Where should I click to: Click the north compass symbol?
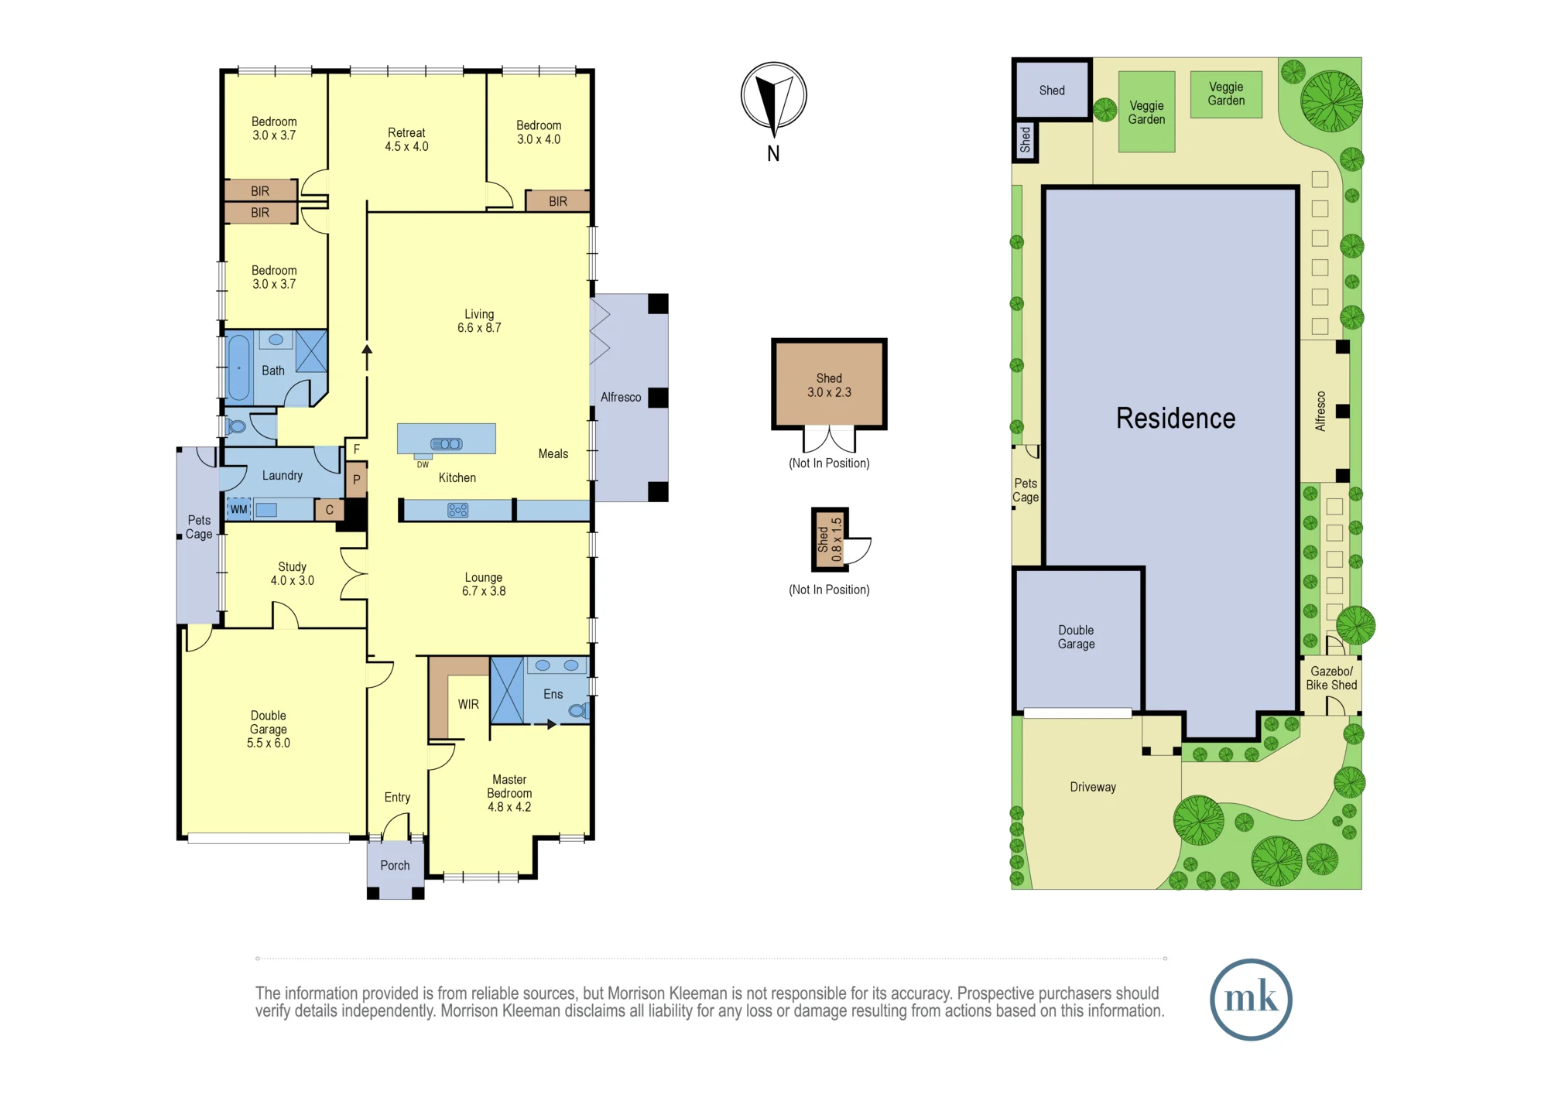773,96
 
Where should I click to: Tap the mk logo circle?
1251,999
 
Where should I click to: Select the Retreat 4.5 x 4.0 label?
406,139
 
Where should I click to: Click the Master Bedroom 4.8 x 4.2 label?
509,793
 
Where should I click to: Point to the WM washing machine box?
239,509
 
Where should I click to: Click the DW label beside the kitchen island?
423,465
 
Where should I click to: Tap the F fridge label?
357,449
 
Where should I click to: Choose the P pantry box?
356,480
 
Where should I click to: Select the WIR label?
468,704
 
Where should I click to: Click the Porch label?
395,865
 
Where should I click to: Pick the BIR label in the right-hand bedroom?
558,201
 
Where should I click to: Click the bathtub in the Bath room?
239,368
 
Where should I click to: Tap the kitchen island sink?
447,444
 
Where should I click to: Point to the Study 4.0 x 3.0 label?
293,573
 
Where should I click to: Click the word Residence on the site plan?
1176,419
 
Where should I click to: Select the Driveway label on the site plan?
1093,787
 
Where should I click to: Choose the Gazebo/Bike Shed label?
1331,678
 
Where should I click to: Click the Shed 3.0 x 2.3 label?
829,385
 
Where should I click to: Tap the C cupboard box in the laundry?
330,510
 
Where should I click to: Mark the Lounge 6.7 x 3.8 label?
484,584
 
